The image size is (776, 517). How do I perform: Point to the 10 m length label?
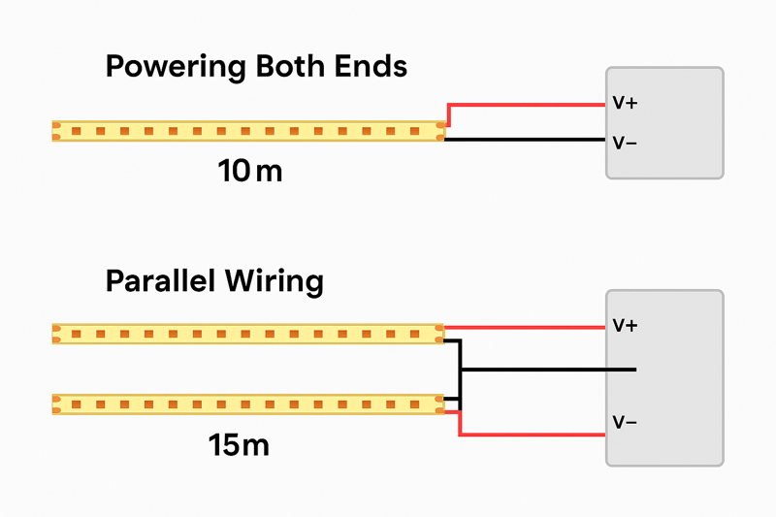click(249, 173)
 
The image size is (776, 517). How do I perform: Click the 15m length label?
click(239, 446)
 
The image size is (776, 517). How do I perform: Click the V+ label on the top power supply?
click(624, 103)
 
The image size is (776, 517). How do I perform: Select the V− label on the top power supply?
click(624, 143)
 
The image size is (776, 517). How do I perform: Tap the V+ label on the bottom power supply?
click(624, 326)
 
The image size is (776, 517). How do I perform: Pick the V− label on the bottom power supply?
click(624, 423)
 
